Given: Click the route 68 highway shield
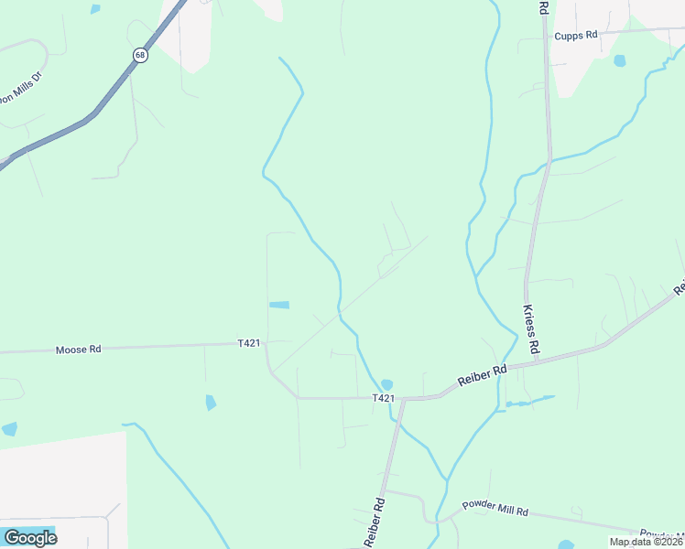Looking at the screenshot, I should click(x=139, y=55).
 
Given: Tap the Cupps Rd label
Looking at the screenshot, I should click(x=575, y=35).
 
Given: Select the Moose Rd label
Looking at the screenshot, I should click(x=77, y=350).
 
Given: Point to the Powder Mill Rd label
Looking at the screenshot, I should click(x=495, y=507).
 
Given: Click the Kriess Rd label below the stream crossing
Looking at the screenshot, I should click(x=530, y=329).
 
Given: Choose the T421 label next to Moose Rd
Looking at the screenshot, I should click(x=249, y=343).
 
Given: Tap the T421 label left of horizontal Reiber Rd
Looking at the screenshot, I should click(x=384, y=398).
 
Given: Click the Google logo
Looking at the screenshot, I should click(x=30, y=537).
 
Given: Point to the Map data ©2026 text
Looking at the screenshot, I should click(x=645, y=542).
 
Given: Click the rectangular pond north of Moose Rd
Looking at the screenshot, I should click(x=278, y=305).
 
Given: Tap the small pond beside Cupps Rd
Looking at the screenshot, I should click(x=620, y=61).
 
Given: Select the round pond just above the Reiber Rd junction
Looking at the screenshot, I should click(x=386, y=384).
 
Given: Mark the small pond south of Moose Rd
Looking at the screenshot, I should click(x=212, y=402).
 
